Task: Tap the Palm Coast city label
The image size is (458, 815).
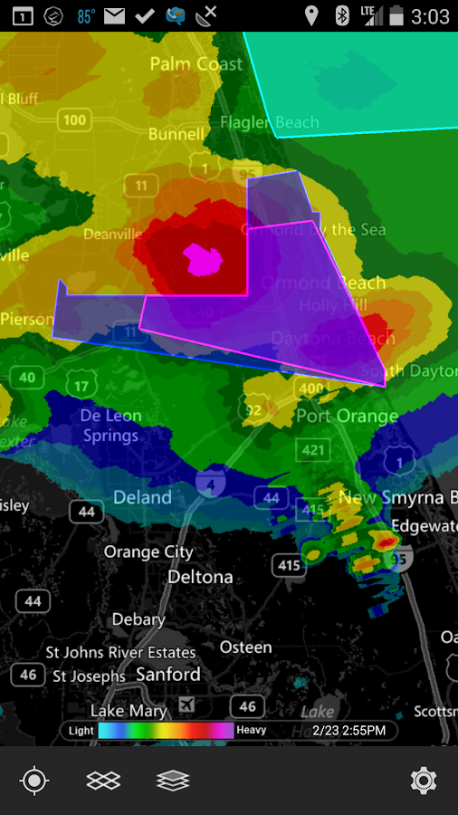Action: click(196, 64)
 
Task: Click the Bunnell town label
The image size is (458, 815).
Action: click(177, 134)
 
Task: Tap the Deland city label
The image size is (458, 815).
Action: click(142, 497)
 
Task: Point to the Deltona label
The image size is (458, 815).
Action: click(199, 577)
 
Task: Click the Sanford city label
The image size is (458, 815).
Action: click(168, 675)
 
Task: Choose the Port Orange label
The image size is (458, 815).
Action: click(347, 417)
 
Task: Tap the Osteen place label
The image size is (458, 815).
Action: click(245, 647)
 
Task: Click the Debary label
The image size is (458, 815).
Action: click(138, 620)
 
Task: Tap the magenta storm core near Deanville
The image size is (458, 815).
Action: click(203, 260)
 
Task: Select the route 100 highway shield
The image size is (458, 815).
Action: click(75, 120)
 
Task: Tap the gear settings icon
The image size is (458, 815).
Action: click(423, 780)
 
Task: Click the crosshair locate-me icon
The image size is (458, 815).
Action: click(34, 780)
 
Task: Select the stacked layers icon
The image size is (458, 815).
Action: click(172, 780)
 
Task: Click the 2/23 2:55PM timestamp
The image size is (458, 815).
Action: click(348, 730)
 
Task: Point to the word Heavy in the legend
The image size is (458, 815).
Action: click(251, 730)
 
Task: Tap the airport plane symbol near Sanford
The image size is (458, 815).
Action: click(186, 705)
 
